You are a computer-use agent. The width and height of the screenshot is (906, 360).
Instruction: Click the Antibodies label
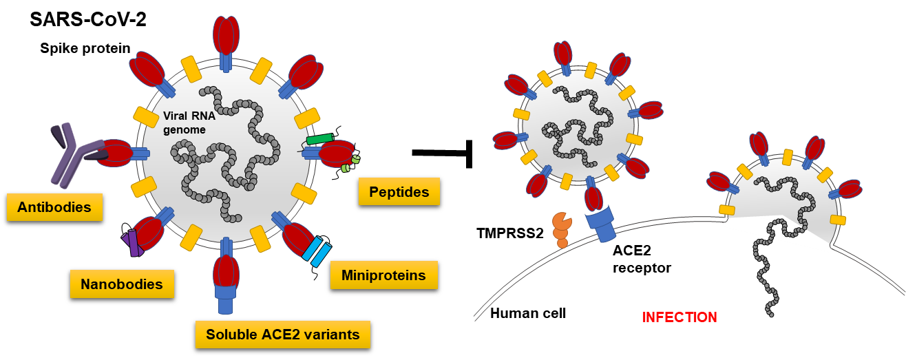click(54, 207)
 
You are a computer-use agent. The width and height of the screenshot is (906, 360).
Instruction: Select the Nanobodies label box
click(122, 284)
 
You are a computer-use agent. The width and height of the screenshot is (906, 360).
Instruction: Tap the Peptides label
click(399, 191)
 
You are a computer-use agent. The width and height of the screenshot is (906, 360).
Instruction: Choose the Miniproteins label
click(383, 275)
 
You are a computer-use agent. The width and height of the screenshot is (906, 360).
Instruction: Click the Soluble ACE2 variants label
click(283, 335)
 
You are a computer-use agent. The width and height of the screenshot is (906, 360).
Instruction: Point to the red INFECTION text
click(679, 317)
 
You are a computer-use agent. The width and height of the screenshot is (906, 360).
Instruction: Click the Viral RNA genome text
click(189, 123)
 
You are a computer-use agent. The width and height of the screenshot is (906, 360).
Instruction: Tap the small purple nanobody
click(132, 243)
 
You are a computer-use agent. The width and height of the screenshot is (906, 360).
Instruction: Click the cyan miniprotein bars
click(317, 252)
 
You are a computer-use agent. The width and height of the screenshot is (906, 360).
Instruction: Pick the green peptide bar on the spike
click(319, 139)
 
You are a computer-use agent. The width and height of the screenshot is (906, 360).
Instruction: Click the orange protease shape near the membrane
click(562, 228)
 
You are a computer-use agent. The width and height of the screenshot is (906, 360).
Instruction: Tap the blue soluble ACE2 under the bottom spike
click(226, 297)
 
